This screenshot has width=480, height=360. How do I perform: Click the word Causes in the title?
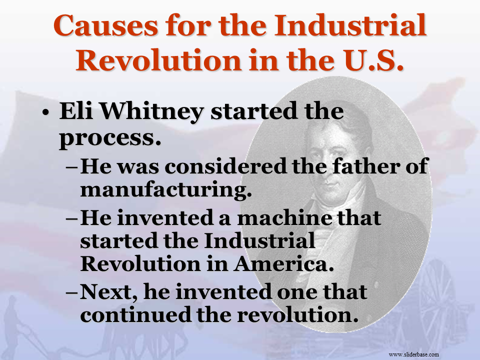106,25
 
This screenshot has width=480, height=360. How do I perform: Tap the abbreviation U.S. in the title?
374,60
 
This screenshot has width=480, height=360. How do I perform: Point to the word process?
110,138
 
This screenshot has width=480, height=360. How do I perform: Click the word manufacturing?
166,190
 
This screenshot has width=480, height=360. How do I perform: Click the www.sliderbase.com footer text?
413,354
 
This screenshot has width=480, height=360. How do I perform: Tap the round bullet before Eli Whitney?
45,112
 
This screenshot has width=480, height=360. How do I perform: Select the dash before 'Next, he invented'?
72,293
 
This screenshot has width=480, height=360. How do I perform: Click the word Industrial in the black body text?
259,240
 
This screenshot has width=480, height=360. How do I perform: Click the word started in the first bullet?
254,111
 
